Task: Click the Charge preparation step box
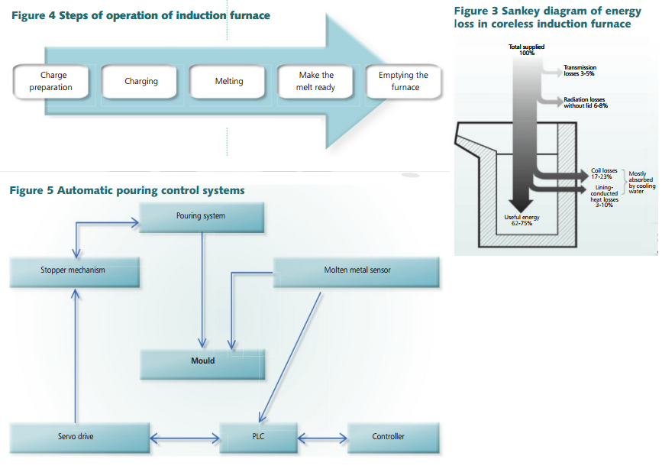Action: coord(51,82)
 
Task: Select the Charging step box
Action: coord(141,82)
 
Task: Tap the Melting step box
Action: coord(228,82)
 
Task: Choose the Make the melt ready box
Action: coord(316,82)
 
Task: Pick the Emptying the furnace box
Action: coord(404,82)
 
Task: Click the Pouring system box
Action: coord(201,216)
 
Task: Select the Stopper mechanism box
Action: coord(73,270)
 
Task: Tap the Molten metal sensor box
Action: coord(356,270)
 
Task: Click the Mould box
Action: coord(202,361)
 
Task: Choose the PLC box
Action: coord(258,437)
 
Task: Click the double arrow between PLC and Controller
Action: coord(321,438)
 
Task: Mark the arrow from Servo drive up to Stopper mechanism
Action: coord(75,351)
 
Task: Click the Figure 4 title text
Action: coord(141,15)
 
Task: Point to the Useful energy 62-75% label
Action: coord(522,221)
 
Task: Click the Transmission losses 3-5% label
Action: coord(580,71)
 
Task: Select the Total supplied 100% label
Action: coord(526,50)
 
